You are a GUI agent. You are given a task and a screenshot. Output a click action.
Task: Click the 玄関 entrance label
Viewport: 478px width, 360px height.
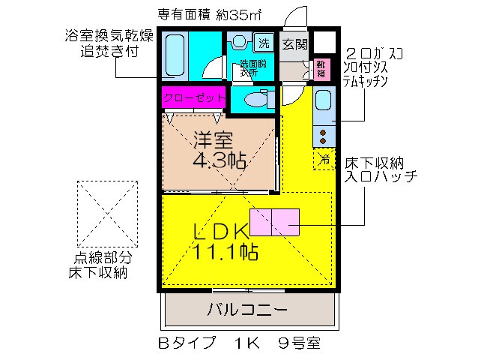(x=294, y=43)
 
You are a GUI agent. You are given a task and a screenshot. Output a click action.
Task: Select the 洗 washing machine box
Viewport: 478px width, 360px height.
(x=264, y=42)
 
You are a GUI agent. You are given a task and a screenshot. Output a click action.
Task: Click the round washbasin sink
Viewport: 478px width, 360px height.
(x=240, y=42)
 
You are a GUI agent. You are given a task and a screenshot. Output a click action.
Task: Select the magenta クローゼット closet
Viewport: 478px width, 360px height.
(x=193, y=98)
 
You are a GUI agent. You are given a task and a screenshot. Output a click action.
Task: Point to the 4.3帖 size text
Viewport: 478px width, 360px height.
(x=220, y=160)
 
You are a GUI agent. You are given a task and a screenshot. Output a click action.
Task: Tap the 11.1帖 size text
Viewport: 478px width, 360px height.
(x=226, y=252)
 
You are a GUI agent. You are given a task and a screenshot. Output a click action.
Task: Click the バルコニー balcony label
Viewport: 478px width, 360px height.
(x=246, y=309)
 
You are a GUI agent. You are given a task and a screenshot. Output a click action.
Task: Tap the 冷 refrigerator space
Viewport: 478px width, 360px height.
(x=324, y=159)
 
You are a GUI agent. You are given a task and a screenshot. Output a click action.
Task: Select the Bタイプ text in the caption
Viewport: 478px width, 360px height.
(x=186, y=344)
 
